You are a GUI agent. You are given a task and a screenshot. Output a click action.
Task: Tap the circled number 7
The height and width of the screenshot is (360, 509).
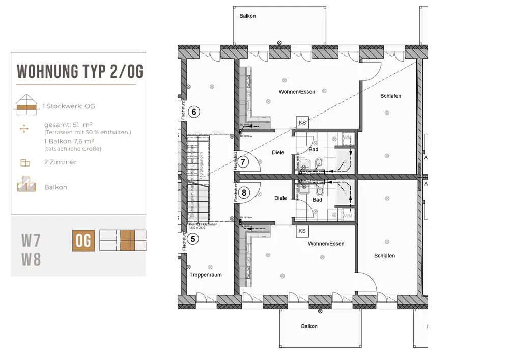click(244, 163)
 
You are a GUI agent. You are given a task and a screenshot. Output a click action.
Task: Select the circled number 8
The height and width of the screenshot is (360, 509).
click(244, 192)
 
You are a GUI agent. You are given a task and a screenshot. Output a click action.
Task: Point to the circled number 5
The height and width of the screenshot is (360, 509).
click(193, 238)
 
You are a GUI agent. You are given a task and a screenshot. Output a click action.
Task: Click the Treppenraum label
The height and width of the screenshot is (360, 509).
click(206, 275)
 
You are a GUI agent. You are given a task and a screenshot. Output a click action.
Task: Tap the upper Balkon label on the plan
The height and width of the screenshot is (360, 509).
click(247, 16)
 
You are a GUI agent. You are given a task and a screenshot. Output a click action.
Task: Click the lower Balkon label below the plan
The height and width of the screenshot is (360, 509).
click(309, 326)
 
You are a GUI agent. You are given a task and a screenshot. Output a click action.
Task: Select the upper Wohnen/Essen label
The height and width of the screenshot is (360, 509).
click(297, 92)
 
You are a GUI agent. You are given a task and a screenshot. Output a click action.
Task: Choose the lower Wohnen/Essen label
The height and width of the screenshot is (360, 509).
click(326, 244)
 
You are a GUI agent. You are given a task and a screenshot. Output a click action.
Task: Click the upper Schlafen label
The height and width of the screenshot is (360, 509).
click(390, 96)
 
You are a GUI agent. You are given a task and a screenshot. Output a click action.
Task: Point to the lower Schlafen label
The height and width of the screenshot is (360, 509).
click(384, 256)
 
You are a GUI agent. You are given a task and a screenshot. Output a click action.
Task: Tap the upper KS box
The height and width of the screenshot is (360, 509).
click(302, 123)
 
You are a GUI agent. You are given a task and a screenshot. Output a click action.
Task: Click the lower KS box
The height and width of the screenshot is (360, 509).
click(302, 231)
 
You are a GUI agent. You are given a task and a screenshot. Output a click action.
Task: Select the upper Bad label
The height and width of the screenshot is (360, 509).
click(314, 150)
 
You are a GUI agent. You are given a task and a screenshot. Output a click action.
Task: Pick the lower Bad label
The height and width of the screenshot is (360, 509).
click(317, 200)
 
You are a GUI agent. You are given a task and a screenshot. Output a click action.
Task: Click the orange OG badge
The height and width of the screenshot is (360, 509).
click(83, 240)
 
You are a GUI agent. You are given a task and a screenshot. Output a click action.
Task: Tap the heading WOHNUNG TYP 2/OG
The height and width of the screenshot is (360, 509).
click(80, 72)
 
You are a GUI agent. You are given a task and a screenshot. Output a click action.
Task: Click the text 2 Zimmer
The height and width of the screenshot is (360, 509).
click(60, 162)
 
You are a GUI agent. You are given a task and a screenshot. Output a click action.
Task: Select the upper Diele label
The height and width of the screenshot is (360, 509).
click(278, 152)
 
